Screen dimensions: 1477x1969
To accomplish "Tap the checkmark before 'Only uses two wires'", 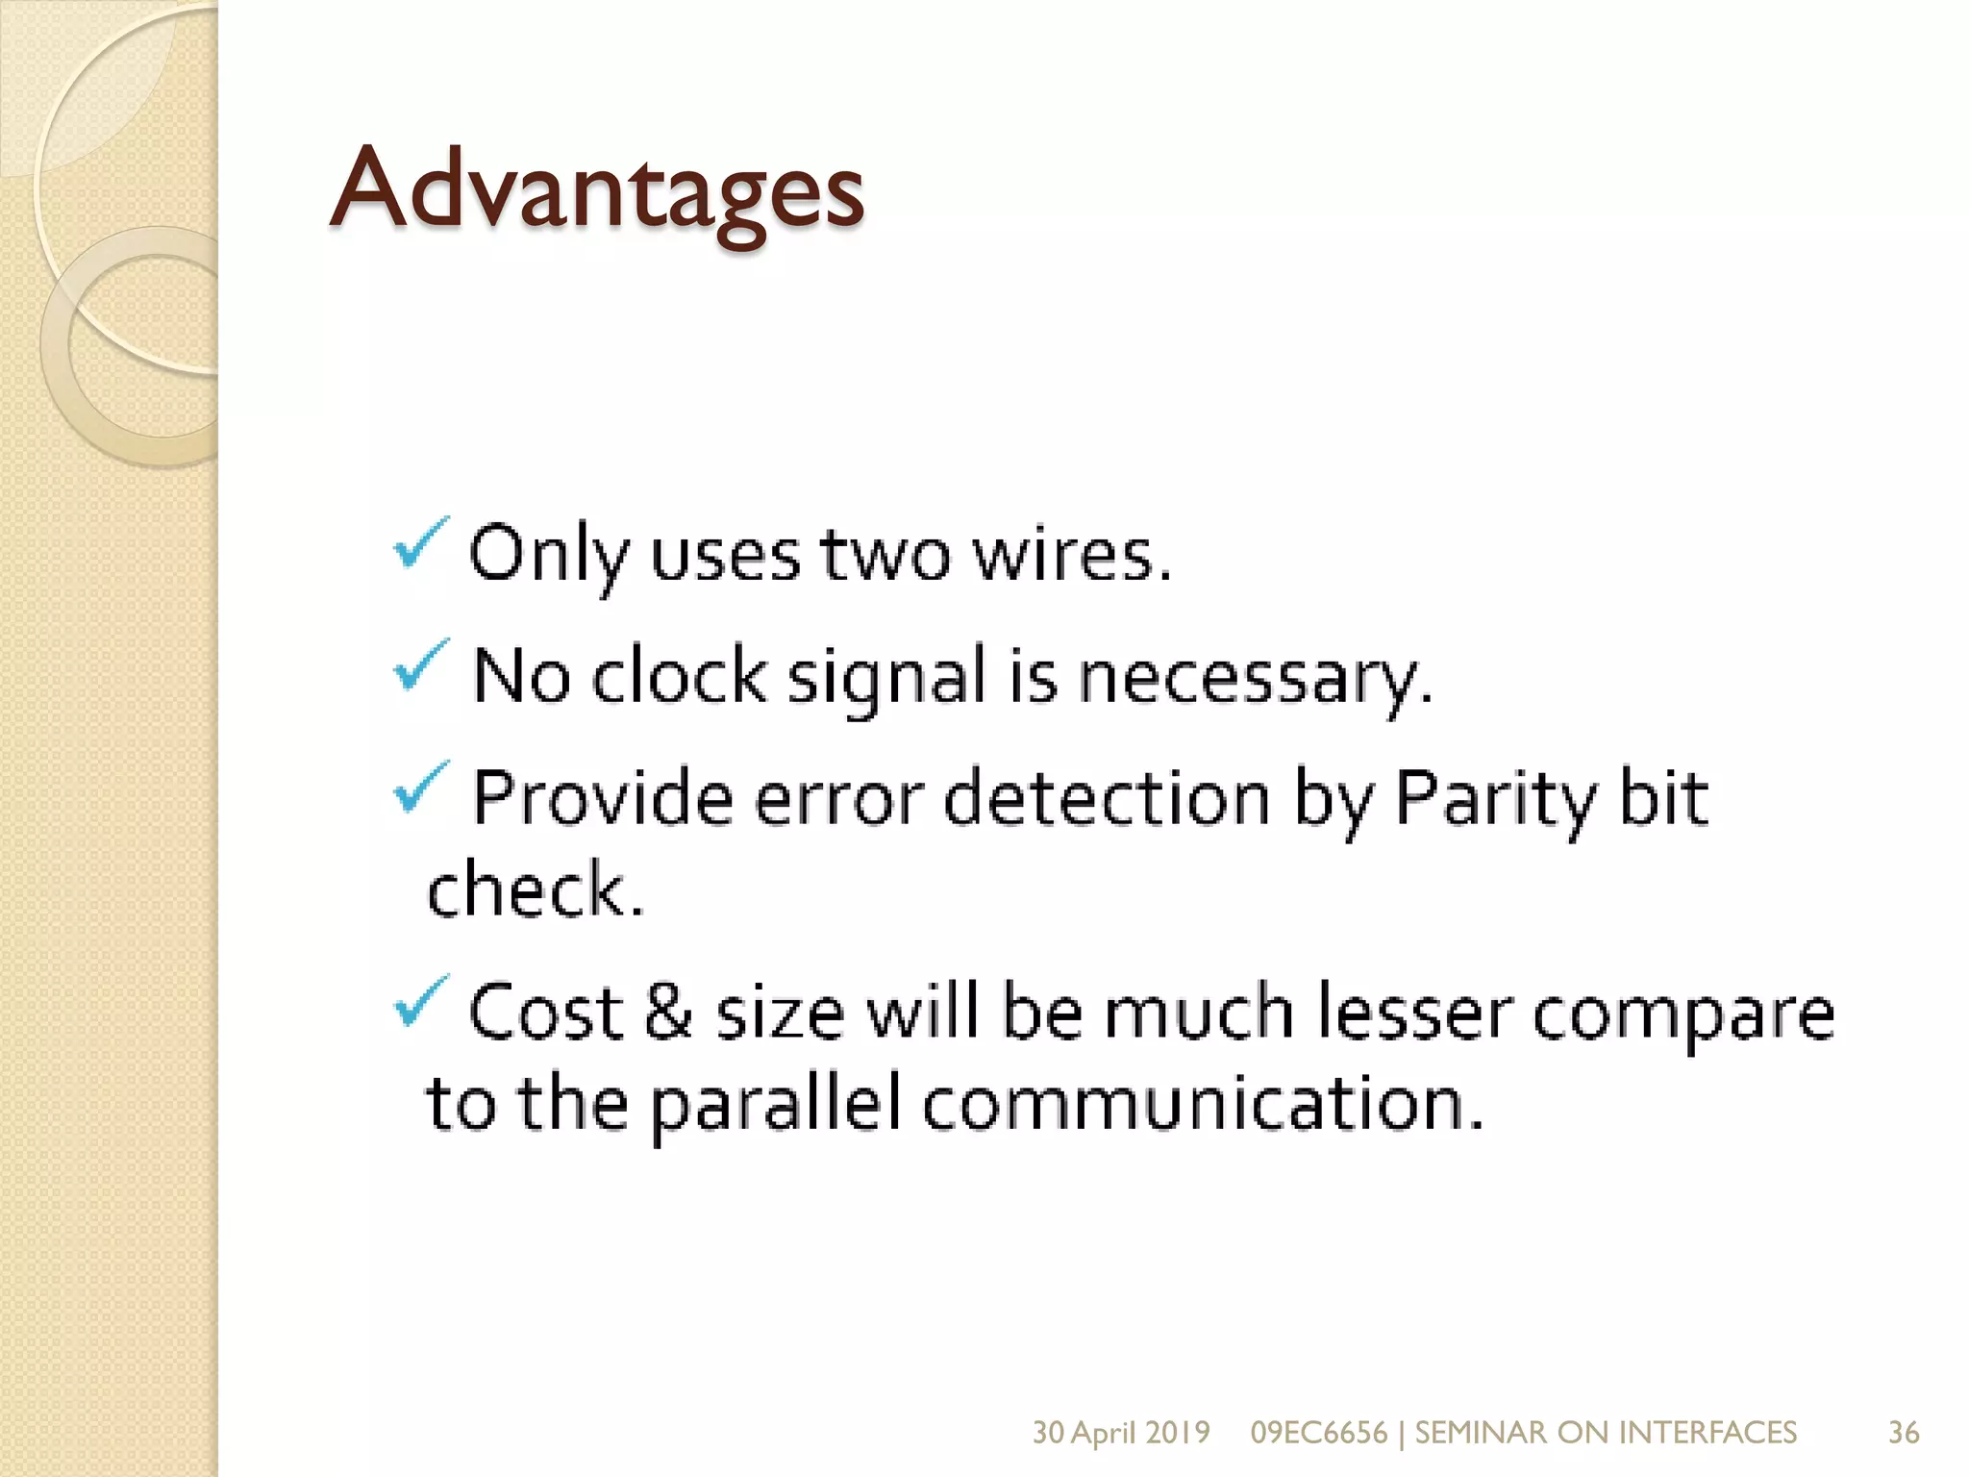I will [x=420, y=542].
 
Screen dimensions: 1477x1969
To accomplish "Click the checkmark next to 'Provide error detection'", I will [x=420, y=786].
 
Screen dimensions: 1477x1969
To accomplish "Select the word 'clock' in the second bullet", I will [x=679, y=676].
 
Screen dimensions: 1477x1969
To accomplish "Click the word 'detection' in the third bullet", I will [x=1107, y=798].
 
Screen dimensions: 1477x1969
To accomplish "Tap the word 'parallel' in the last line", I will [x=775, y=1106].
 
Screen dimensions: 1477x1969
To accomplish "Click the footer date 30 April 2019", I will [x=1120, y=1432].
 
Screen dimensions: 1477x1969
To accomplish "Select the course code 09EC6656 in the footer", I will [x=1318, y=1432].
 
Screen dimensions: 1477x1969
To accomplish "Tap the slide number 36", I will [x=1904, y=1432].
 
